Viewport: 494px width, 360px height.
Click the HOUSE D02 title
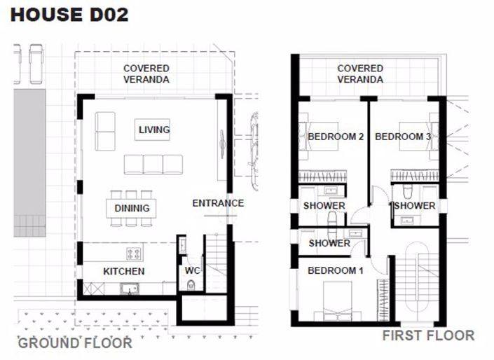pos(70,14)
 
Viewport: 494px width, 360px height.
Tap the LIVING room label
pos(154,130)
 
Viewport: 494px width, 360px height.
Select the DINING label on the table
pos(132,208)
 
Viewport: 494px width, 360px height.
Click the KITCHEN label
pos(124,271)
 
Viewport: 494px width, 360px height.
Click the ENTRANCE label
pos(218,203)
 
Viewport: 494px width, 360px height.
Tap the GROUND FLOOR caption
pos(74,342)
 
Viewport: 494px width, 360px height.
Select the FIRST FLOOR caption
pos(428,335)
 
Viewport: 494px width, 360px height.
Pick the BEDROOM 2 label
pos(336,137)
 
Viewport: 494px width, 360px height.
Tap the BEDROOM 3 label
pos(403,137)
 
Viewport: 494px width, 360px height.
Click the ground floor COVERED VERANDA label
pos(146,74)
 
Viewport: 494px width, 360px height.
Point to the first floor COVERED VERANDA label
pos(360,74)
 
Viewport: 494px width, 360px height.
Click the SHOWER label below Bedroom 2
pos(324,206)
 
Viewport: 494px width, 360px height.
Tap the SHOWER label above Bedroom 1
pos(329,243)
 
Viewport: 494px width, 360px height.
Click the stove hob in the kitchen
pos(134,253)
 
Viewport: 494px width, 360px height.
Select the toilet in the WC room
pos(191,285)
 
